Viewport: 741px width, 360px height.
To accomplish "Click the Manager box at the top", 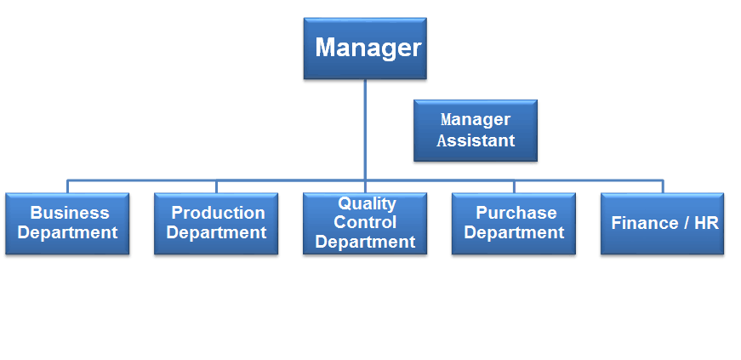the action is pos(365,49).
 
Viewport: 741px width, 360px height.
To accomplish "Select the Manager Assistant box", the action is pos(476,130).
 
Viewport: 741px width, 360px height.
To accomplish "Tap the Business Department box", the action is pos(67,223).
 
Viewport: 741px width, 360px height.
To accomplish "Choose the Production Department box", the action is pos(216,223).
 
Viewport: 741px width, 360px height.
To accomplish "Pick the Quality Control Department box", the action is pos(365,223).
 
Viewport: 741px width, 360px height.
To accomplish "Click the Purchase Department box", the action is pos(514,223).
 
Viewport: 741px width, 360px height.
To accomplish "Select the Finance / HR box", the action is pos(662,223).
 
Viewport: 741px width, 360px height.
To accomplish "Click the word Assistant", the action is pos(476,140).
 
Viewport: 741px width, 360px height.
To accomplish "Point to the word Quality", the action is pos(367,204).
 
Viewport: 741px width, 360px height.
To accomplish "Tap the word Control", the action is pos(365,222).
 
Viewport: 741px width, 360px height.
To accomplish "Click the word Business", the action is pos(70,213).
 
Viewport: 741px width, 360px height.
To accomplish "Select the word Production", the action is pos(218,213).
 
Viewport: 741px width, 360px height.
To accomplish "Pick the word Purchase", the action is pos(516,213).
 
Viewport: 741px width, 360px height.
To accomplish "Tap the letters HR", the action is pos(706,223).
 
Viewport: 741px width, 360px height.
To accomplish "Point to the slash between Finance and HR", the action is pos(681,223).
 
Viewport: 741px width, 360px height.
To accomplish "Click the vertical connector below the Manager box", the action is pos(365,129).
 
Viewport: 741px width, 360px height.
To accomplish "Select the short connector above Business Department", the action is pos(67,186).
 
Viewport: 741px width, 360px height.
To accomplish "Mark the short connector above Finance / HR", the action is pos(663,186).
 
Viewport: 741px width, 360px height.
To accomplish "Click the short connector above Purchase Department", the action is pos(514,186).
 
